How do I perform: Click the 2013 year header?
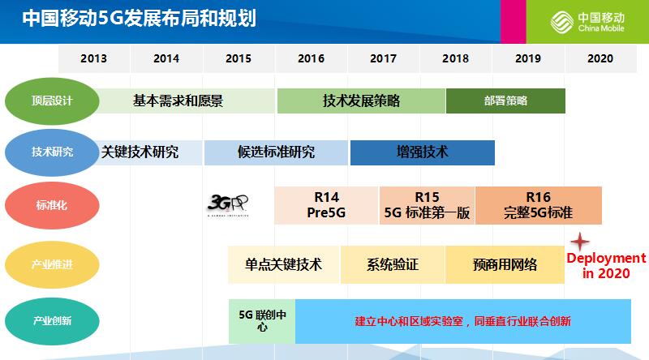[x=93, y=58]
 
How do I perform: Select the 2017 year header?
[x=383, y=58]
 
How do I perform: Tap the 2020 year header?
[x=600, y=58]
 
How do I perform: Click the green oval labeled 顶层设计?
[x=52, y=101]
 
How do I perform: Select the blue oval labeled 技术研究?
[x=52, y=152]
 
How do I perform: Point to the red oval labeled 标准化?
[x=52, y=206]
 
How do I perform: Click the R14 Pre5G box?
[x=326, y=205]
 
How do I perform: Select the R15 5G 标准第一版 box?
[x=427, y=205]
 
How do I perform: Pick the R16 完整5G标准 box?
[x=538, y=205]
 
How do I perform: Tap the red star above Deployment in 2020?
[x=579, y=242]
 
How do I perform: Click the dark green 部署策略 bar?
[x=505, y=101]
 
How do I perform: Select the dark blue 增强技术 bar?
[x=422, y=152]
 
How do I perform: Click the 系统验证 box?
[x=393, y=264]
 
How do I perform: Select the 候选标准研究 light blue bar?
[x=276, y=152]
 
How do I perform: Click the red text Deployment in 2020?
[x=605, y=265]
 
